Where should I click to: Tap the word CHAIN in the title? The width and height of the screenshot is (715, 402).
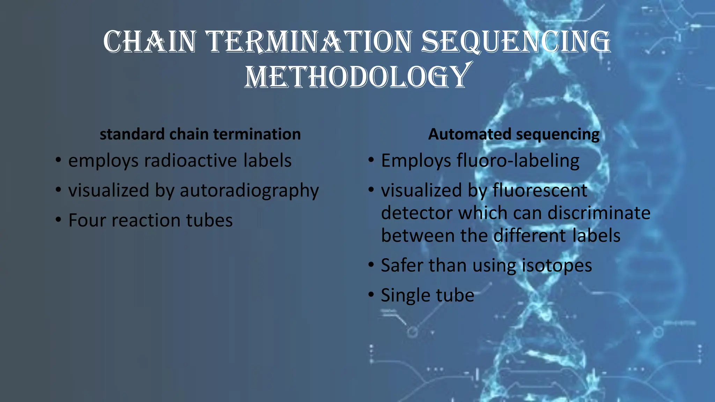click(150, 42)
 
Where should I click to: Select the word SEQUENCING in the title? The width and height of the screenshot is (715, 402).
click(516, 42)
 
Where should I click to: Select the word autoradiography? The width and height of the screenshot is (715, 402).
click(249, 191)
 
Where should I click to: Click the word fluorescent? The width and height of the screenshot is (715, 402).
click(540, 191)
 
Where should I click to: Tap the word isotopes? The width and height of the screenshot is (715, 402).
click(557, 266)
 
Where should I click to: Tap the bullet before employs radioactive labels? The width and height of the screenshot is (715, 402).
click(58, 161)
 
